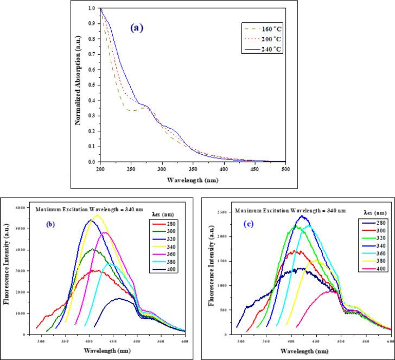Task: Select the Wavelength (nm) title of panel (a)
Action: [186, 178]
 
